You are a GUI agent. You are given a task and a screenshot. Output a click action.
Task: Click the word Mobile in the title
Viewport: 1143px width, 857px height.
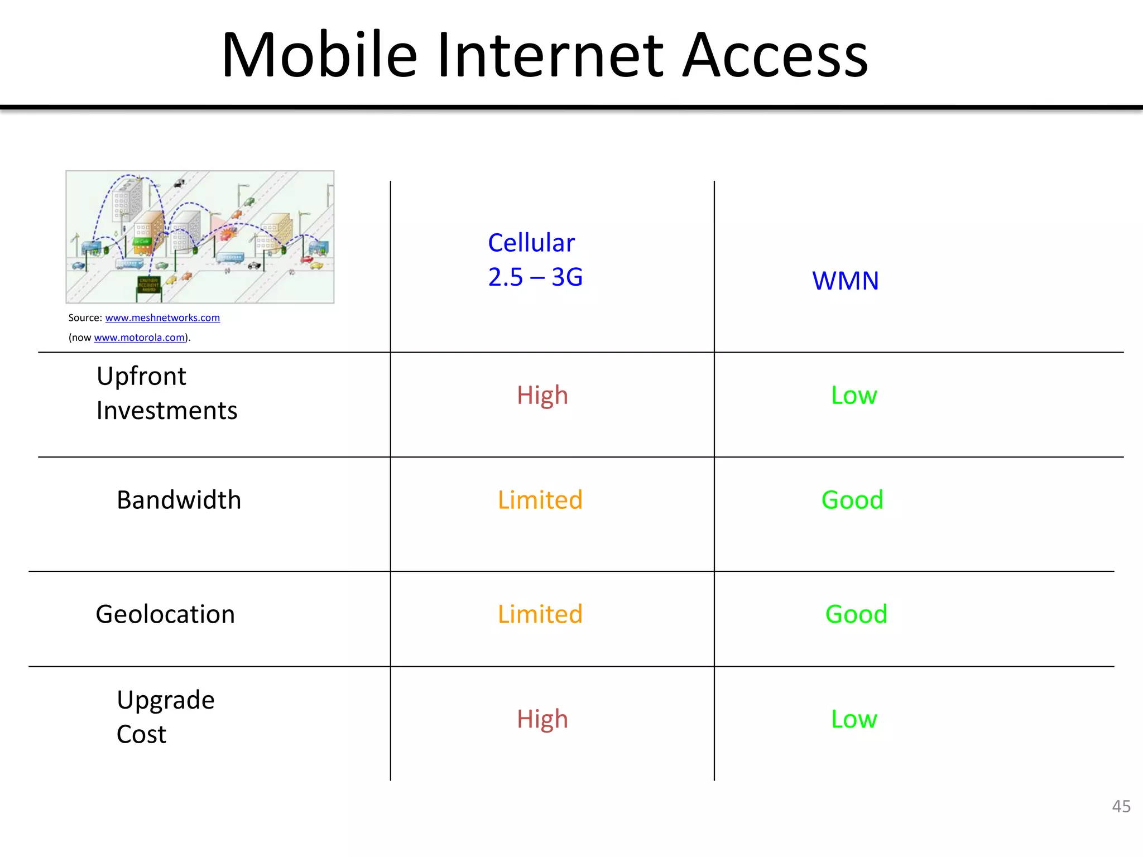(319, 56)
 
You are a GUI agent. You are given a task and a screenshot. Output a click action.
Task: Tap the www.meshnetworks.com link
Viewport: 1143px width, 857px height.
(162, 318)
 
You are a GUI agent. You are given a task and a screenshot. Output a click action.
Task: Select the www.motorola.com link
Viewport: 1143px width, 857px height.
(139, 338)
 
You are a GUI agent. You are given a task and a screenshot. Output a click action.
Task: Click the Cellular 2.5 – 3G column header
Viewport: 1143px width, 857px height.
(535, 260)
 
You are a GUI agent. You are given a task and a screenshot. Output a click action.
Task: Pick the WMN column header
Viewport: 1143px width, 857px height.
(845, 281)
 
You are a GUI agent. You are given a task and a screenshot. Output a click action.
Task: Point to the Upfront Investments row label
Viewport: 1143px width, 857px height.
(166, 393)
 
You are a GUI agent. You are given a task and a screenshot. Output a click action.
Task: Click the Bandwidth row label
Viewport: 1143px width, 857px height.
(179, 500)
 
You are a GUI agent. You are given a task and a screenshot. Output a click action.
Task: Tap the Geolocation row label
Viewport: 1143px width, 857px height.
(165, 614)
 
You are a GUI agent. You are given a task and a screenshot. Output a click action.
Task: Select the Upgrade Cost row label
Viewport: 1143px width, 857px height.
(165, 717)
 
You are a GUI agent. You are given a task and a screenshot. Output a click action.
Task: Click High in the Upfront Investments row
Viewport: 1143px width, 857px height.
(542, 396)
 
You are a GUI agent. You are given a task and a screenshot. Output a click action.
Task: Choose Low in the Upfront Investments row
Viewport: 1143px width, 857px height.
(853, 396)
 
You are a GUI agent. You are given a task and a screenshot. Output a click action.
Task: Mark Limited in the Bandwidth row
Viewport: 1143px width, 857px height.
(540, 500)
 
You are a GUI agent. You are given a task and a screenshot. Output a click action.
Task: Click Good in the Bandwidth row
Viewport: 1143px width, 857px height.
(852, 500)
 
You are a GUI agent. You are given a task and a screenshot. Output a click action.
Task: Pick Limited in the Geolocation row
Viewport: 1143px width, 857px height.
(540, 614)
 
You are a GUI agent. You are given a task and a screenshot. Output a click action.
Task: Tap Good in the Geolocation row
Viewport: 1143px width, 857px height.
(856, 614)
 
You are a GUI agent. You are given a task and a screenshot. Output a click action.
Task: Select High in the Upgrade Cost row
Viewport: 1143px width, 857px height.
(542, 719)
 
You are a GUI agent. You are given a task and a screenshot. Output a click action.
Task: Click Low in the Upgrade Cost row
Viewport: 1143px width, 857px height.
(853, 719)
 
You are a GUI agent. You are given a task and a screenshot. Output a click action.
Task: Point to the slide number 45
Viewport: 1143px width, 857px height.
(1121, 806)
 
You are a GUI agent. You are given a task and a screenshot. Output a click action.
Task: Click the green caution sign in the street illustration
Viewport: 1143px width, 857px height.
(148, 285)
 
